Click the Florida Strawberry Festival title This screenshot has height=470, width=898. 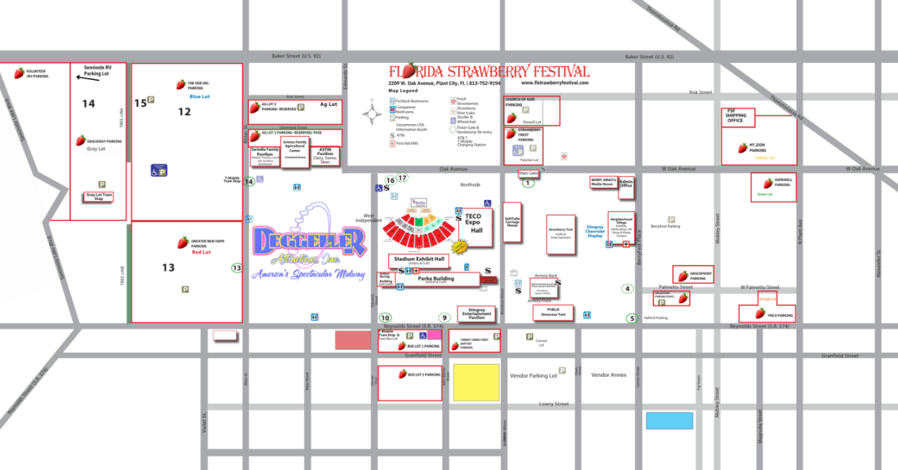(x=489, y=72)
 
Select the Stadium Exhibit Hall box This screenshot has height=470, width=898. (x=420, y=260)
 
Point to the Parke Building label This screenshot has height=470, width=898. (x=436, y=279)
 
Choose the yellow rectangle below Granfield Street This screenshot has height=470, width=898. (x=476, y=382)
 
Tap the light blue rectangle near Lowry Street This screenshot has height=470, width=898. (x=669, y=420)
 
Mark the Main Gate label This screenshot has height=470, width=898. (x=528, y=173)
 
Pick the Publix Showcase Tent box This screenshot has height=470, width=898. (x=554, y=312)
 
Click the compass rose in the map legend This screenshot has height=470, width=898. (x=373, y=112)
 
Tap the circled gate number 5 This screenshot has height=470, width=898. (x=631, y=318)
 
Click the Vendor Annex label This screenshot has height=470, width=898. (x=608, y=375)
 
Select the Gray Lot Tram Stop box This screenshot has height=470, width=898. (x=98, y=197)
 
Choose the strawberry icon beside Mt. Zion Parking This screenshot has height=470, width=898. (x=742, y=148)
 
